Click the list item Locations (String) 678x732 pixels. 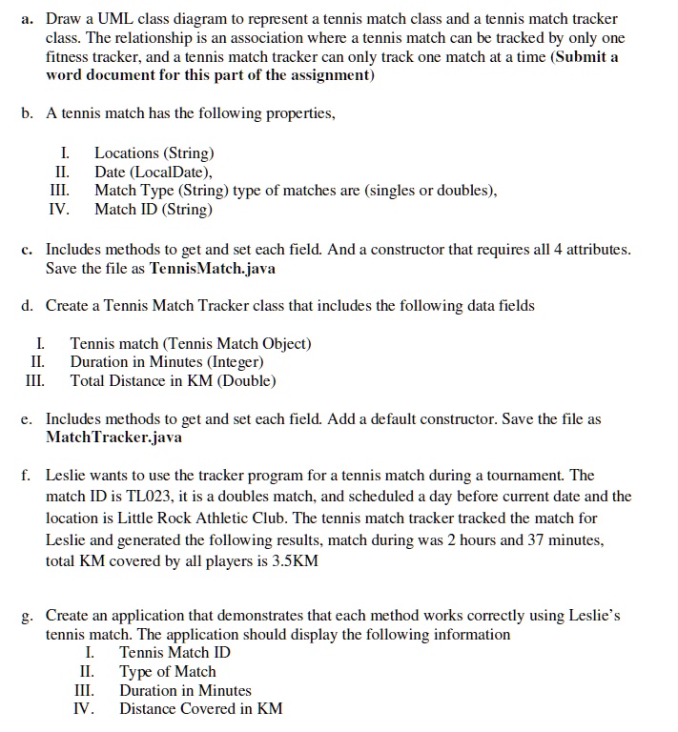click(x=154, y=152)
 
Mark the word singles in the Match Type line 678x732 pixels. click(x=406, y=191)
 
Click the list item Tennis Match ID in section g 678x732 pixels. click(x=175, y=653)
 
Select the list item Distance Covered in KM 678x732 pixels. click(x=200, y=709)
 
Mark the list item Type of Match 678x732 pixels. click(x=167, y=672)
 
